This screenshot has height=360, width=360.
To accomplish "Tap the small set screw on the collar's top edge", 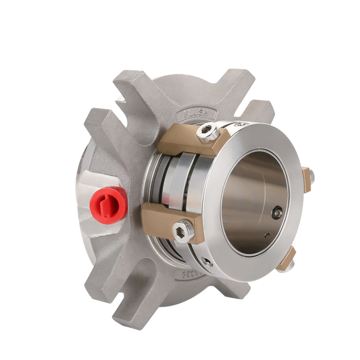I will click(x=240, y=124).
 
